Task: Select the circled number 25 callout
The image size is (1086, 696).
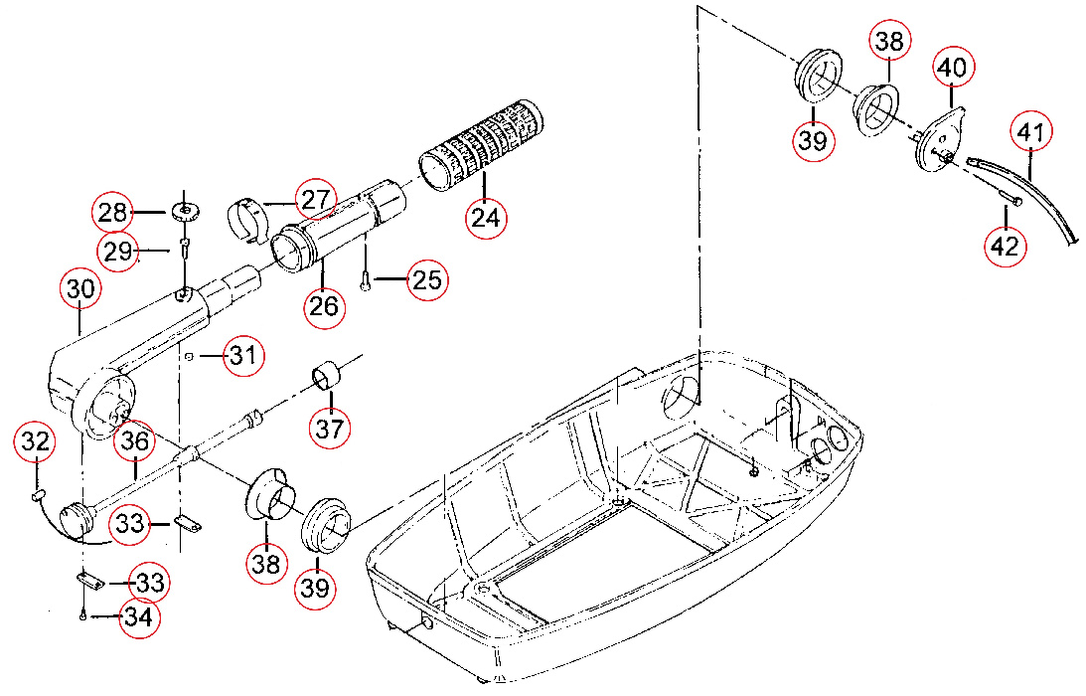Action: [427, 280]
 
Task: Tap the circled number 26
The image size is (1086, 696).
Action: [324, 305]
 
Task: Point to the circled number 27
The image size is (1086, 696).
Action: [316, 199]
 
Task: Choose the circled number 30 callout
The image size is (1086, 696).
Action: [80, 290]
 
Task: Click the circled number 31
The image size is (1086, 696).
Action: [244, 355]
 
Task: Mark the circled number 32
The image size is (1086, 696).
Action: [36, 442]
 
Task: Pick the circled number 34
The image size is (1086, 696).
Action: [138, 617]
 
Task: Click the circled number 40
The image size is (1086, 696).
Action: [953, 68]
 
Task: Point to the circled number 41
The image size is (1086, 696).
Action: [1032, 132]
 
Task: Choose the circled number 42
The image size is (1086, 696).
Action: [1006, 246]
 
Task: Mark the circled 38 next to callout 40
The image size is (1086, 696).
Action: [890, 42]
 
